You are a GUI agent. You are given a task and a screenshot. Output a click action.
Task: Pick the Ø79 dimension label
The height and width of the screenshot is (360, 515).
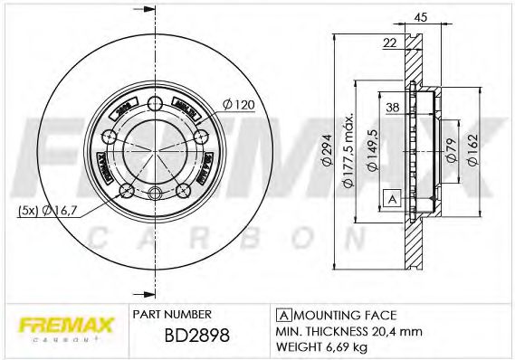coord(450,150)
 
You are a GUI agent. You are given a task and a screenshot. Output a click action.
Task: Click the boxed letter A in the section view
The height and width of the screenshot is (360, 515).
coord(392,198)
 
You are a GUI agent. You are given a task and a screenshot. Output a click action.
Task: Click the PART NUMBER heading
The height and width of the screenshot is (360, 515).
coord(173,314)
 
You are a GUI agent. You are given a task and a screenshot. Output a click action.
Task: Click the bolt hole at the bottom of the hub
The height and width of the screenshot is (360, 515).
coord(156,192)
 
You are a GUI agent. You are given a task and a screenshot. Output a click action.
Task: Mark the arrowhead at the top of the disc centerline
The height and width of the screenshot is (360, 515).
coord(145,10)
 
